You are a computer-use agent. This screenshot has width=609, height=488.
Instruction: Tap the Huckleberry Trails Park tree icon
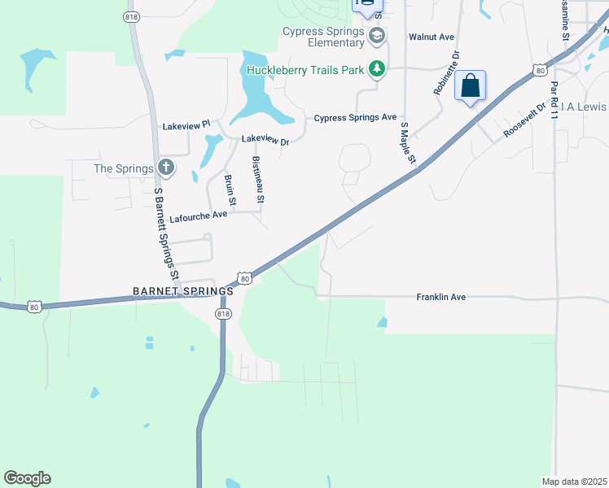[376, 70]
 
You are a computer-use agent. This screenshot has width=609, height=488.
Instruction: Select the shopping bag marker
[471, 85]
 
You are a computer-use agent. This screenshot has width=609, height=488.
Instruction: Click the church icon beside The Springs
[165, 168]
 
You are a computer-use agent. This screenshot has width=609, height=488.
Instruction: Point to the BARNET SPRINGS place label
[183, 290]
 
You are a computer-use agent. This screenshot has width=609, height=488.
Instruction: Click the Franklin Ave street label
[440, 298]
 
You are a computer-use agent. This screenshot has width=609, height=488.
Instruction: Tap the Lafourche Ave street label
[198, 216]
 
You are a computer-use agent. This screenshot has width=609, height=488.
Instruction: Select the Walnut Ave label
[431, 37]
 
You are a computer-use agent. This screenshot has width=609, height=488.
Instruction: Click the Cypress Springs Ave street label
[356, 118]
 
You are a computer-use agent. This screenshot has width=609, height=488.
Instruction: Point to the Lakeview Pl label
[186, 126]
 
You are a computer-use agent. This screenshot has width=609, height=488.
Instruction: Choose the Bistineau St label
[258, 180]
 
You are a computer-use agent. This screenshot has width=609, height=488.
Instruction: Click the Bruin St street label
[230, 189]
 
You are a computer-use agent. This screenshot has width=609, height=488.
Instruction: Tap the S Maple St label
[408, 142]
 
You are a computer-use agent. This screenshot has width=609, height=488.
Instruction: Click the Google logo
[27, 478]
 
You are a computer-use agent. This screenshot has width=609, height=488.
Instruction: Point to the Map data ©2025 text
[574, 481]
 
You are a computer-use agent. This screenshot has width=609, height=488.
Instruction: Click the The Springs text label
[124, 169]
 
